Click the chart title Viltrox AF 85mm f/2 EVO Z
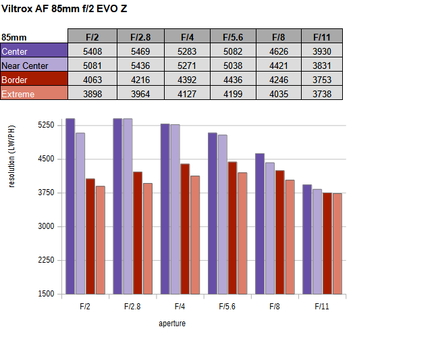64,9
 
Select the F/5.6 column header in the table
229,36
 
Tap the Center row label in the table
34,51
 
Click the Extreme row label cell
34,94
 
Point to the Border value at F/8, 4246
277,80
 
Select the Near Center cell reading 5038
229,66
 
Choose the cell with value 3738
323,94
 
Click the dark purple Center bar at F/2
70,206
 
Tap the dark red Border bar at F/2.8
138,233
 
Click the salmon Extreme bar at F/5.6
242,233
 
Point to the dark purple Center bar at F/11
307,239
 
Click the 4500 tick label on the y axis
45,159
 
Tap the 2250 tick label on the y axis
45,261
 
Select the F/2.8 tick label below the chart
132,307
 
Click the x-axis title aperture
172,324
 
